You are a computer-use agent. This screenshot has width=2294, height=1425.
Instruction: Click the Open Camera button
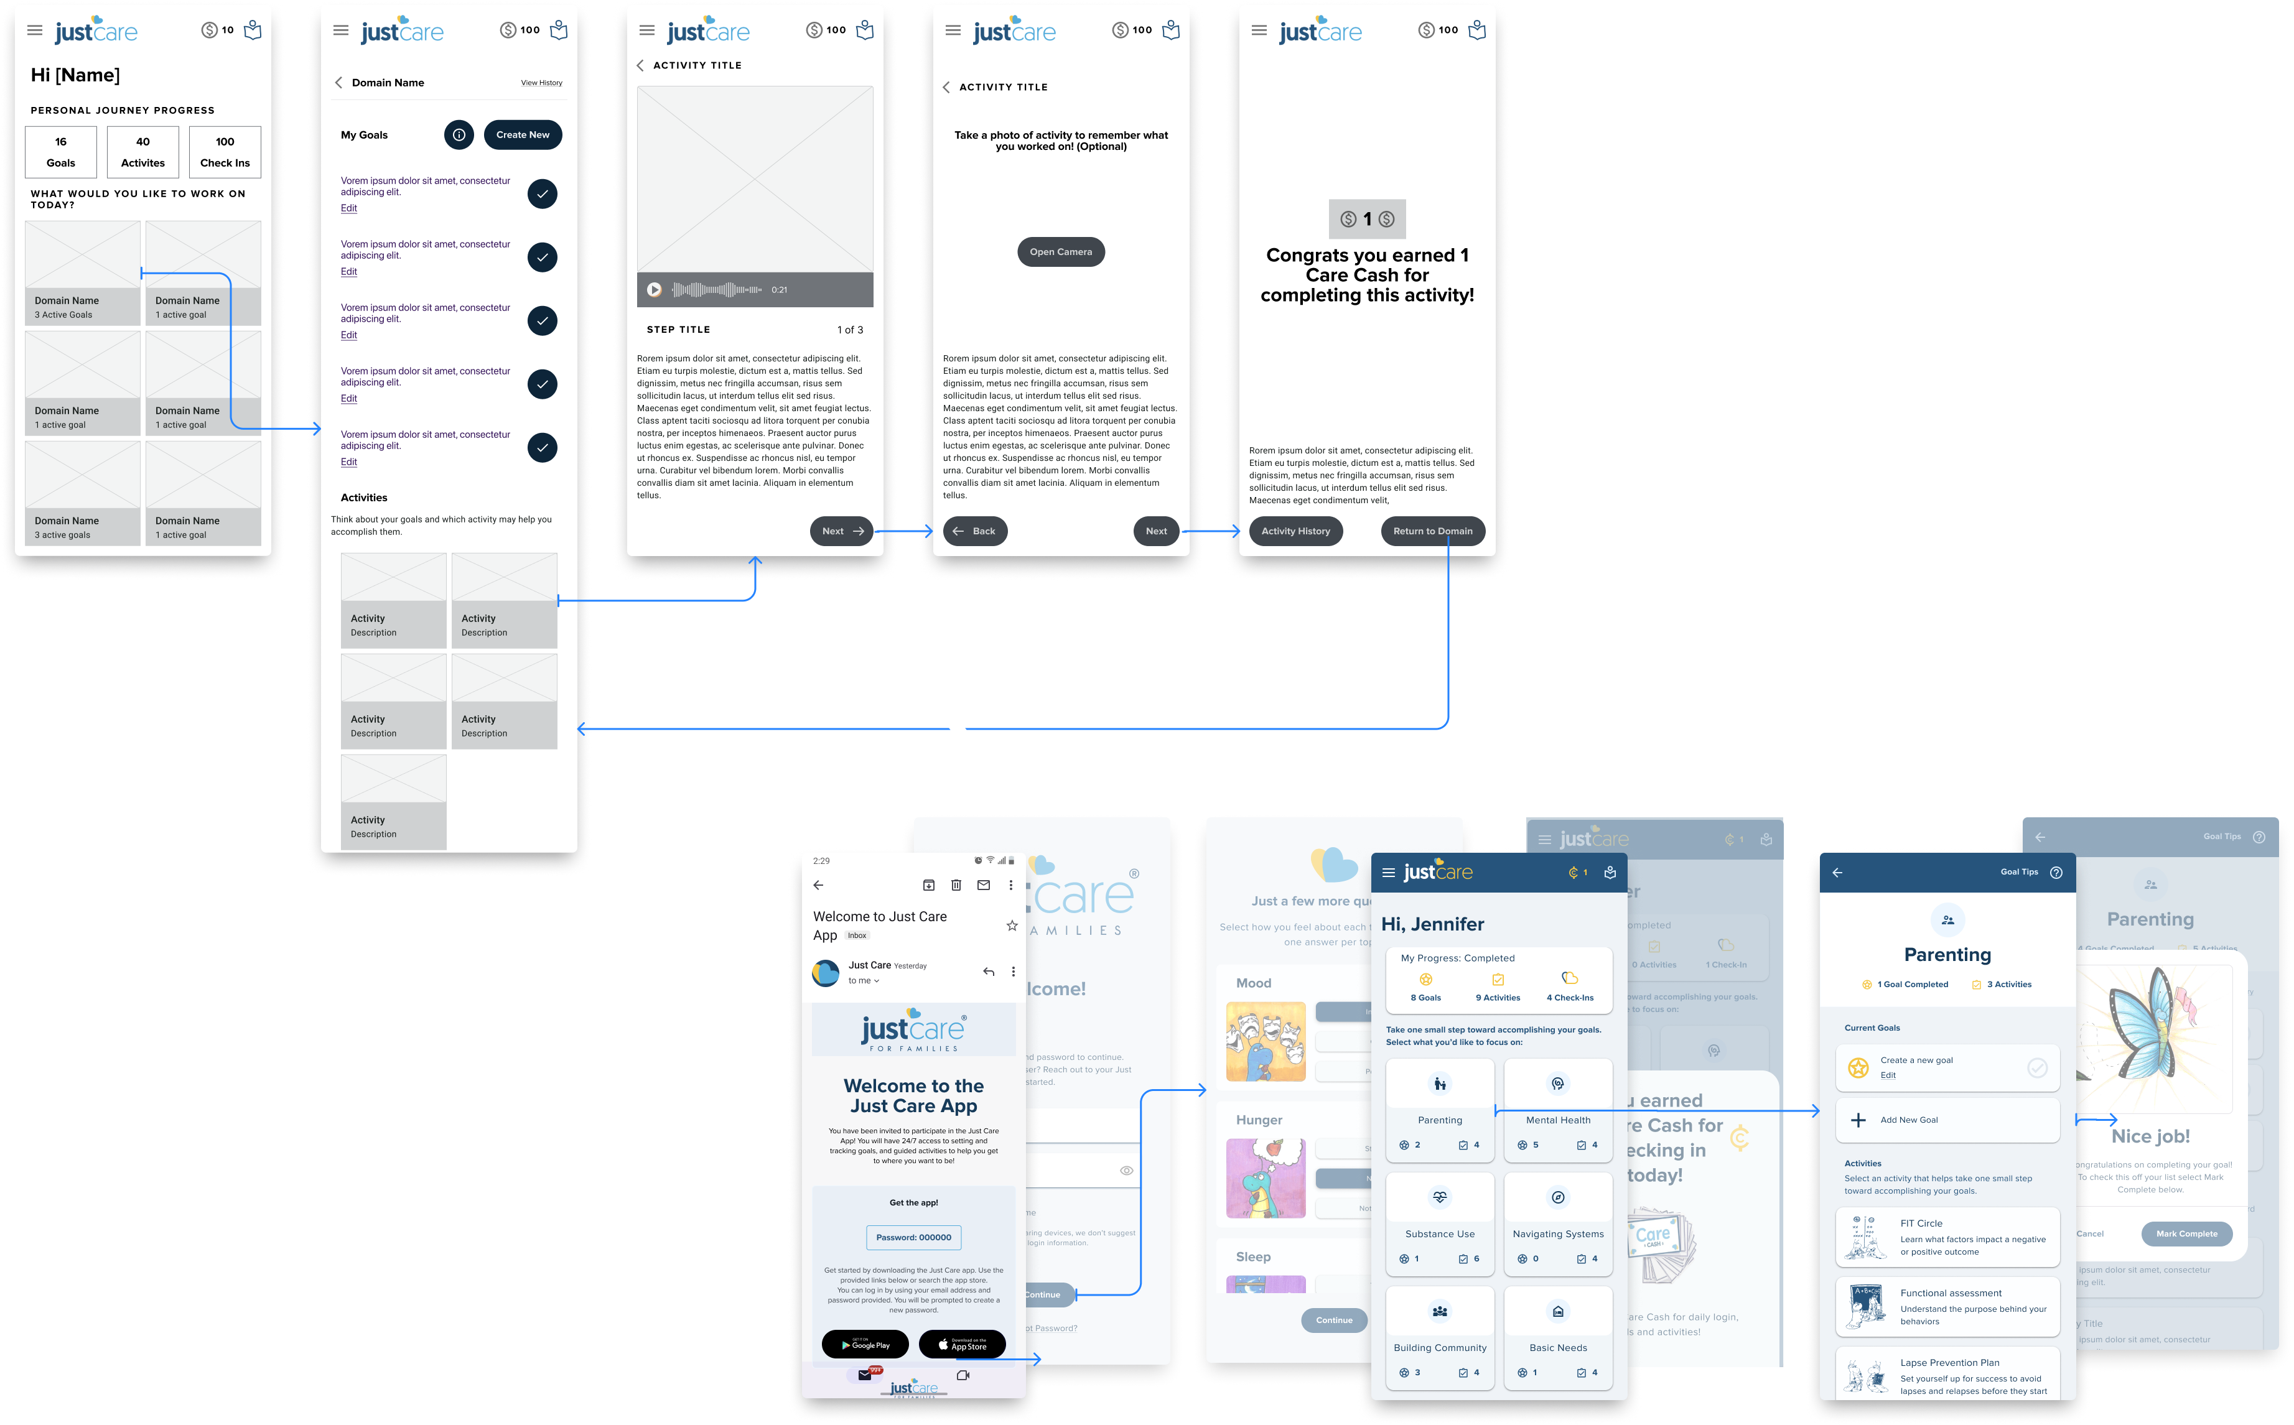point(1060,252)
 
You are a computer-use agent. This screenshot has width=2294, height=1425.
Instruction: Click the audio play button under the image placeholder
point(654,290)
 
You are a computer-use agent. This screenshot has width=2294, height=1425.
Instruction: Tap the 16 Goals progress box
point(61,152)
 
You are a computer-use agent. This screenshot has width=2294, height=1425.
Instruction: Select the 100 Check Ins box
point(225,152)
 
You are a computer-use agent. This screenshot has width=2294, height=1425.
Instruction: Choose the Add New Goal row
point(1947,1120)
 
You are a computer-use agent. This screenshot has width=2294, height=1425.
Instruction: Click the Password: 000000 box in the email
point(913,1237)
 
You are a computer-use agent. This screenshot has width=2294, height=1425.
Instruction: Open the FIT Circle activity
point(1947,1237)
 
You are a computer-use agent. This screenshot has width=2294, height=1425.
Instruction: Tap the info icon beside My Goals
point(459,135)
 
